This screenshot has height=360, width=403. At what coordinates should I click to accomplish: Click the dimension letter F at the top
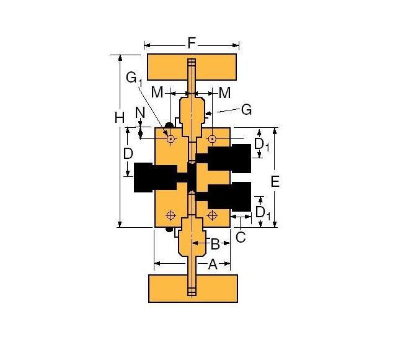[x=192, y=43]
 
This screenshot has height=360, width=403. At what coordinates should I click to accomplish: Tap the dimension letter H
[x=120, y=117]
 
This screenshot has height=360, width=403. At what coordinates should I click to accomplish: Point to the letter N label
[x=140, y=113]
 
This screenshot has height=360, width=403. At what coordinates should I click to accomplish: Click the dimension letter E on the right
[x=276, y=181]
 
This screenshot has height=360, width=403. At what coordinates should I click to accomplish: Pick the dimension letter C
[x=241, y=236]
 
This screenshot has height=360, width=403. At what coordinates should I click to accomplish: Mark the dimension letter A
[x=212, y=264]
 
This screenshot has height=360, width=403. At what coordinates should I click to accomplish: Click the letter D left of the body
[x=128, y=153]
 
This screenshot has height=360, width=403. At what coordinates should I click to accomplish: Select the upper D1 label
[x=262, y=145]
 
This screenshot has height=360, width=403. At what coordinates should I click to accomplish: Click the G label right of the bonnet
[x=246, y=110]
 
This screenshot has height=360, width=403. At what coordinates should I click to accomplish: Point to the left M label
[x=157, y=92]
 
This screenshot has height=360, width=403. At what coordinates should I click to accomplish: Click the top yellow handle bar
[x=191, y=67]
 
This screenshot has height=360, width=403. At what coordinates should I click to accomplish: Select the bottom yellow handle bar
[x=193, y=288]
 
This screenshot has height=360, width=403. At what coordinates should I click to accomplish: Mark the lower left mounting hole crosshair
[x=170, y=215]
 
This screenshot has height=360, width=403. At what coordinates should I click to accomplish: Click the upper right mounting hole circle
[x=212, y=138]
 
